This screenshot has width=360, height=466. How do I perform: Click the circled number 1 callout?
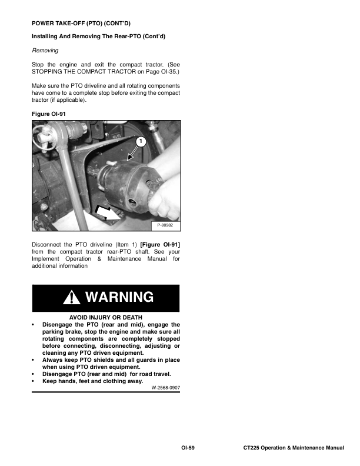(141, 141)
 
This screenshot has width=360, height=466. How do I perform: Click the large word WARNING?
(119, 298)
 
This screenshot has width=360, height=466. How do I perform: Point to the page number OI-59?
(188, 448)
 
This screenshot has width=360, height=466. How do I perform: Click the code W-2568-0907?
(165, 388)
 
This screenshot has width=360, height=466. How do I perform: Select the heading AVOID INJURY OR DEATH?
(106, 317)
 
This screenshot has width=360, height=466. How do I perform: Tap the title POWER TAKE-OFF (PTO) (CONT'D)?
(81, 23)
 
